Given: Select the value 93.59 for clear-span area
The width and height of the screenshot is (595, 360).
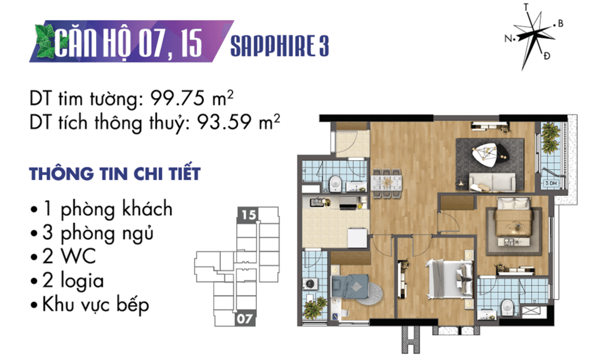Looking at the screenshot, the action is coord(224,122).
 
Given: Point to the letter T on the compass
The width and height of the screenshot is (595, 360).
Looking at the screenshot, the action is coord(526,7).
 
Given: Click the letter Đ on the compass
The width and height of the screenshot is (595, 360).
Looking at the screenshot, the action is coord(546,56).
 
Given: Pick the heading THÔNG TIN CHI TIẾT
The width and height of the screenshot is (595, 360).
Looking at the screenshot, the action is coord(114,174).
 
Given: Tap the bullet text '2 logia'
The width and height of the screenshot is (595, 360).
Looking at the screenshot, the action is coord(73,281).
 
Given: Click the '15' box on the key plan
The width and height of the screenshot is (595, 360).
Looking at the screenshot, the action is coord(249,215).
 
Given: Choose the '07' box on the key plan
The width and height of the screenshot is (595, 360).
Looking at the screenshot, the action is coord(245,318).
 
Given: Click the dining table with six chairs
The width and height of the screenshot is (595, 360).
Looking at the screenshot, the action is coord(387,183).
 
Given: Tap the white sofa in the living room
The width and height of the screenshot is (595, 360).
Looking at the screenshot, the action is coord(493,182).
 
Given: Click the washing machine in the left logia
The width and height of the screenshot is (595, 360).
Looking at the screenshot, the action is coord(310,283).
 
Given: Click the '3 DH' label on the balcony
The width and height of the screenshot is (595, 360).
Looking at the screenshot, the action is coord(551,183).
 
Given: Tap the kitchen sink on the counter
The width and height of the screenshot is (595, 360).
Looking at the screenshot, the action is coord(317,203).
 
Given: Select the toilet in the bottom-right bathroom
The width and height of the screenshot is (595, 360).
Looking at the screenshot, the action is coord(506,308).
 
